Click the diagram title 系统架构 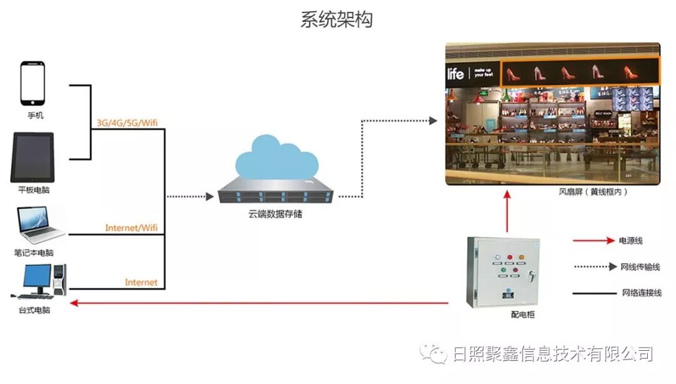click(x=337, y=19)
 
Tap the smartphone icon click(x=33, y=83)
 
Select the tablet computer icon click(x=32, y=157)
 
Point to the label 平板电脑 click(x=35, y=189)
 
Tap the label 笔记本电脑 click(x=34, y=253)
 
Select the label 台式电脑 click(x=34, y=310)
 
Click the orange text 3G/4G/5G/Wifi click(x=126, y=123)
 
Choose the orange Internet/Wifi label click(x=131, y=228)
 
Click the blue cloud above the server click(x=275, y=161)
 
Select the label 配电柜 click(x=523, y=314)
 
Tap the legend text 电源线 click(x=630, y=241)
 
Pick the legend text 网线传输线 click(x=640, y=267)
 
